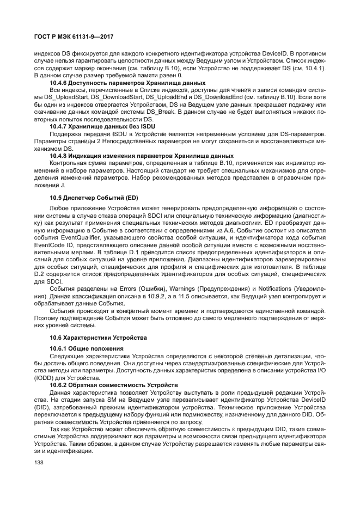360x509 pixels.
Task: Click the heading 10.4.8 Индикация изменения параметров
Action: point(141,155)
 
